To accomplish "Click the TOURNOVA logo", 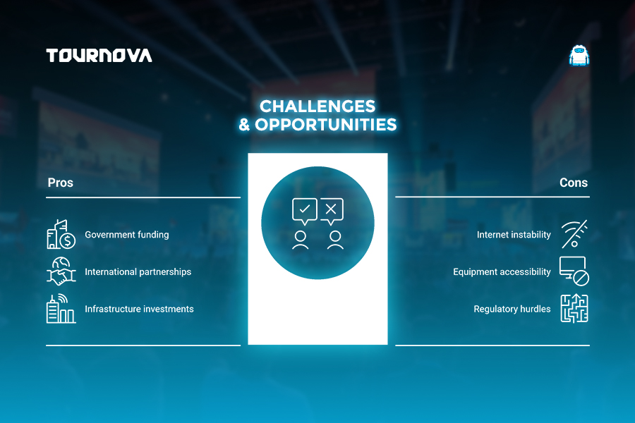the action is (99, 56).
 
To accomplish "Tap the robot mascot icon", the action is (579, 56).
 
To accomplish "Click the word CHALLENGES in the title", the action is (317, 106).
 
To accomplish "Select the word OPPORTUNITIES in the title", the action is (325, 125).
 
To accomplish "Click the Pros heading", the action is (61, 183).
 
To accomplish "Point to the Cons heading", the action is (574, 183).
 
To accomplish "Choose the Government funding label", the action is (127, 235).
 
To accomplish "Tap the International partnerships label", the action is (138, 272).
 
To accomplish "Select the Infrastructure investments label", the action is (139, 309).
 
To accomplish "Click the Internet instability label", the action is (514, 235).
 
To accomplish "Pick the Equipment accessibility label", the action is (502, 272).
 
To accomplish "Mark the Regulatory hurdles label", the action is (512, 309).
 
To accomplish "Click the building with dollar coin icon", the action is (61, 234).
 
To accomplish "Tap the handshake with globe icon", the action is (61, 271).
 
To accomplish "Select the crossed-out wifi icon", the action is (574, 234).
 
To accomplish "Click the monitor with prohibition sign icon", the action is (574, 271).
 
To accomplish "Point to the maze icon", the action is (574, 309).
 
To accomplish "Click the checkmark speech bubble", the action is (305, 211).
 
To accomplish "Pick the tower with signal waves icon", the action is (61, 309).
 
